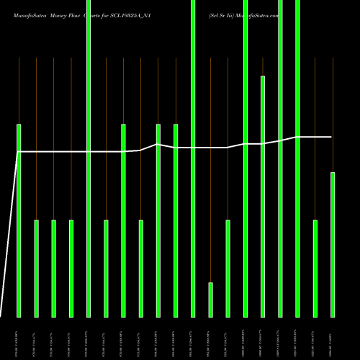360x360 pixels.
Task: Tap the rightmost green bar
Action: click(x=333, y=244)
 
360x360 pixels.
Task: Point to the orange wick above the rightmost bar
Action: click(x=333, y=115)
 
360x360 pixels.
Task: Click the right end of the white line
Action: click(x=332, y=137)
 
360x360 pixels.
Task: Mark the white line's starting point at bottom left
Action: click(x=1, y=315)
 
